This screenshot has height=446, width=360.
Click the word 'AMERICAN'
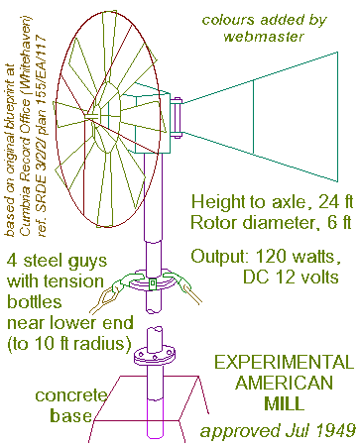pos(287,383)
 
